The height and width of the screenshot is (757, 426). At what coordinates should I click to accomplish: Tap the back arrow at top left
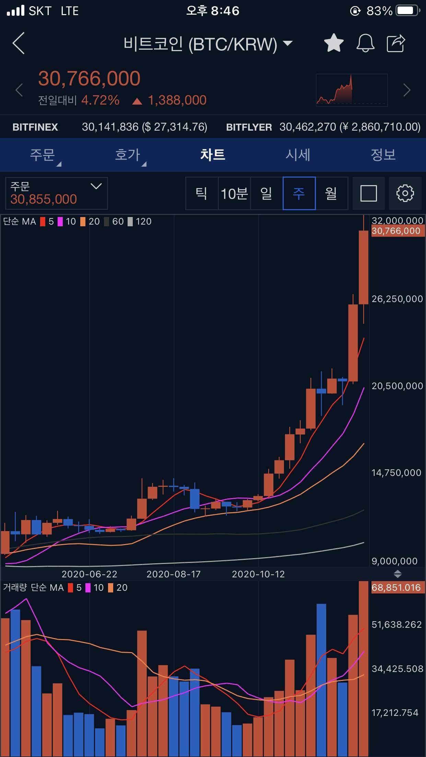tap(19, 43)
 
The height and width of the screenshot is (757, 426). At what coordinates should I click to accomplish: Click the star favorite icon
tap(333, 43)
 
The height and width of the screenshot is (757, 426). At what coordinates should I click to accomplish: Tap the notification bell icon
tap(365, 43)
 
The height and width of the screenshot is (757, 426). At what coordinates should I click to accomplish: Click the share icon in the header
tap(396, 43)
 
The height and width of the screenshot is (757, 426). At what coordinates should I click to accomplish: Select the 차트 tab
tap(213, 155)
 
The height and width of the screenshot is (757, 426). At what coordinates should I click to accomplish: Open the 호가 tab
tap(128, 155)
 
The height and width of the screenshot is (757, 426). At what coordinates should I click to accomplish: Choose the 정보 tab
tap(383, 155)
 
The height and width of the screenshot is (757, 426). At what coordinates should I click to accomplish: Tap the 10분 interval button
tap(234, 193)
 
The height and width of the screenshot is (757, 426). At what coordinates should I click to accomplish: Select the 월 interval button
tap(331, 193)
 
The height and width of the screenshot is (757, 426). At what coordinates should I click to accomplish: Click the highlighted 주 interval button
tap(299, 193)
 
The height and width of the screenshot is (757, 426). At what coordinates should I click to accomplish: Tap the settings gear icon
tap(405, 193)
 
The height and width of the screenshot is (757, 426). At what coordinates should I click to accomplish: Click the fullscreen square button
tap(369, 193)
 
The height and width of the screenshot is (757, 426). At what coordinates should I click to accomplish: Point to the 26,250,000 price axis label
tap(397, 299)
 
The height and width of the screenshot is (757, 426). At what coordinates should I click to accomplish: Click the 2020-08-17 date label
tap(174, 574)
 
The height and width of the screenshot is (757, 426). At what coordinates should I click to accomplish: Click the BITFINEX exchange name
tap(35, 127)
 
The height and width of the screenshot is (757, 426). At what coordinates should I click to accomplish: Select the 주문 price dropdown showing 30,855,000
tap(57, 193)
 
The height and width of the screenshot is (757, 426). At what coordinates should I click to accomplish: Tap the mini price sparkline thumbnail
tap(352, 90)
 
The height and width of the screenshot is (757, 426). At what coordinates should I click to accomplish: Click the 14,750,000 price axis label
tap(396, 473)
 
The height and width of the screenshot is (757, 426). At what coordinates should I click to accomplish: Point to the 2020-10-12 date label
tap(258, 574)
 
